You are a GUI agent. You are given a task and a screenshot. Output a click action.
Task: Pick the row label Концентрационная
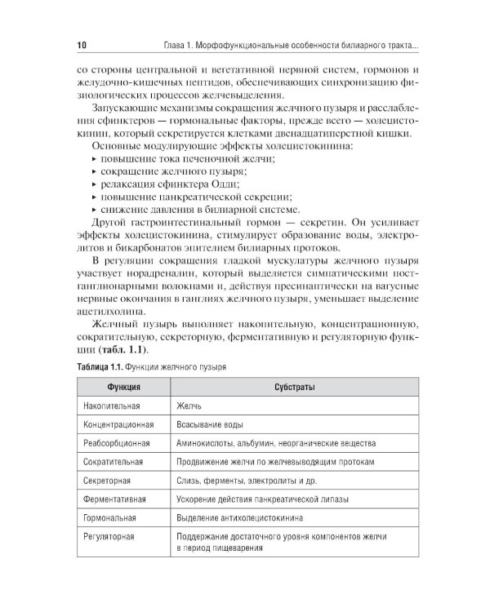pyautogui.click(x=118, y=425)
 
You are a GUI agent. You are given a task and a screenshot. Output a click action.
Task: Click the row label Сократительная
pyautogui.click(x=114, y=462)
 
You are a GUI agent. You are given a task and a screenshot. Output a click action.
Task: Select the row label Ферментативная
pyautogui.click(x=115, y=499)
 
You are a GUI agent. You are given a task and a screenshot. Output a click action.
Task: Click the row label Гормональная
pyautogui.click(x=110, y=517)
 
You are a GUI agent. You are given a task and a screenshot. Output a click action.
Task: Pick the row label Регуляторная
pyautogui.click(x=109, y=536)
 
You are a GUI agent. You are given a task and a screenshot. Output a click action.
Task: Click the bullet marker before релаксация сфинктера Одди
pyautogui.click(x=94, y=185)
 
